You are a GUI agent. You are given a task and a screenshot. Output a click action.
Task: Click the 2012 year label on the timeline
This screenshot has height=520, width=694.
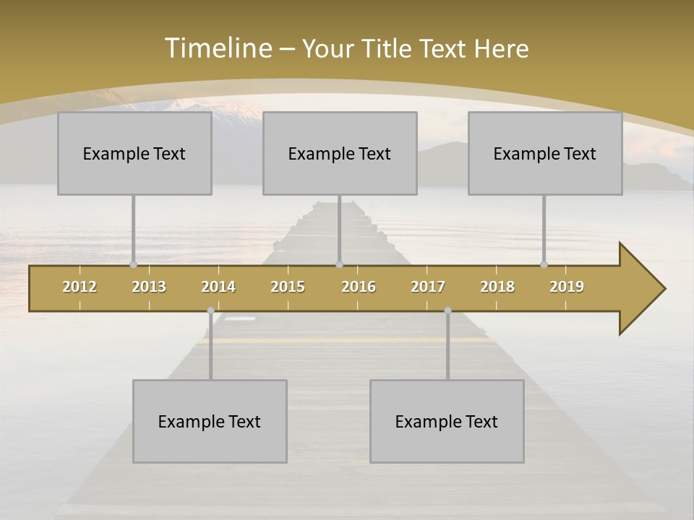80,287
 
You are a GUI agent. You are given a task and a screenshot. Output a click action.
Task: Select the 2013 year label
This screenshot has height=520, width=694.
149,287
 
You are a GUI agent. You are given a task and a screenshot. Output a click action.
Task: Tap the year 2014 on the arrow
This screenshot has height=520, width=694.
218,287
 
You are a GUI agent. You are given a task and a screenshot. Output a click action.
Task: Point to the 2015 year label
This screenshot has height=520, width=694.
288,287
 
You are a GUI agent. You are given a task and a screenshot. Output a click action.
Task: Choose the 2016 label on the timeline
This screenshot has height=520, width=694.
359,287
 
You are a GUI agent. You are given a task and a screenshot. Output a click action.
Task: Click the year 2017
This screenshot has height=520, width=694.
428,287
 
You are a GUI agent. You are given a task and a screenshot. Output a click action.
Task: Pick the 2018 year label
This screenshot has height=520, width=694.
497,287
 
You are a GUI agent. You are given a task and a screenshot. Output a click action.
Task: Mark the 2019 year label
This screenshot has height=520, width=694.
567,287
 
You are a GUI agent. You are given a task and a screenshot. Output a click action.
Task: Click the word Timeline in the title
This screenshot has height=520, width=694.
218,48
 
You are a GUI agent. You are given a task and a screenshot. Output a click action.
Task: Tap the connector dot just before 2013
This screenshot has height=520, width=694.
133,265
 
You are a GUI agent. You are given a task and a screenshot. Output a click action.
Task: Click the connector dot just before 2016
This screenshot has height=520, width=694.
339,265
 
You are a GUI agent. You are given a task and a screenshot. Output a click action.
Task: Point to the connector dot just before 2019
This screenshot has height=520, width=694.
544,265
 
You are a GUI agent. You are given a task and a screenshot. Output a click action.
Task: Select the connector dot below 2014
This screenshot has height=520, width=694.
210,311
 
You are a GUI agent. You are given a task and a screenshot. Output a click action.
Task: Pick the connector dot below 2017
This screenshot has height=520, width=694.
447,311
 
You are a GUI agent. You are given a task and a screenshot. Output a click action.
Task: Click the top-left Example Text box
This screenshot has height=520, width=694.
134,153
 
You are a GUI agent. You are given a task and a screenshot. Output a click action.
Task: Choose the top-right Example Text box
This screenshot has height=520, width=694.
545,153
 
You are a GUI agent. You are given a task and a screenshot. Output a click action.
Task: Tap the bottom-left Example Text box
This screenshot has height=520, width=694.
210,421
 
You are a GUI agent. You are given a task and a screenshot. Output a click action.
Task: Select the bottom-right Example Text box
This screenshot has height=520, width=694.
447,421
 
